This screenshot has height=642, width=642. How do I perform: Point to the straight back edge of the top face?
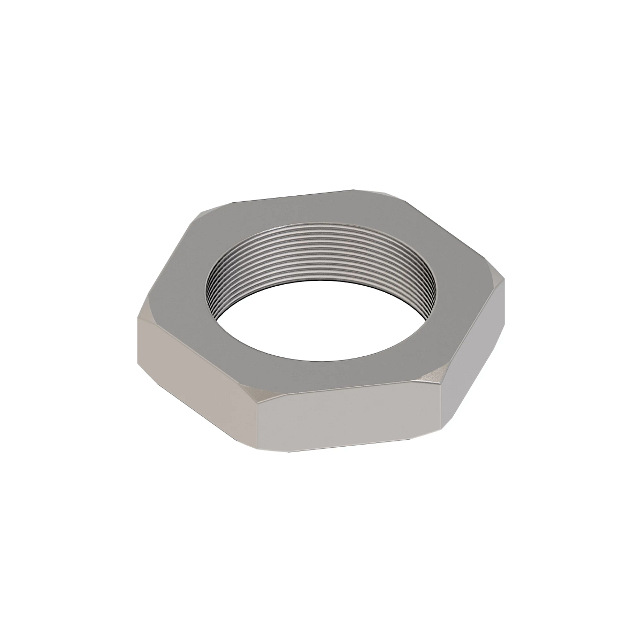coord(294,196)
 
